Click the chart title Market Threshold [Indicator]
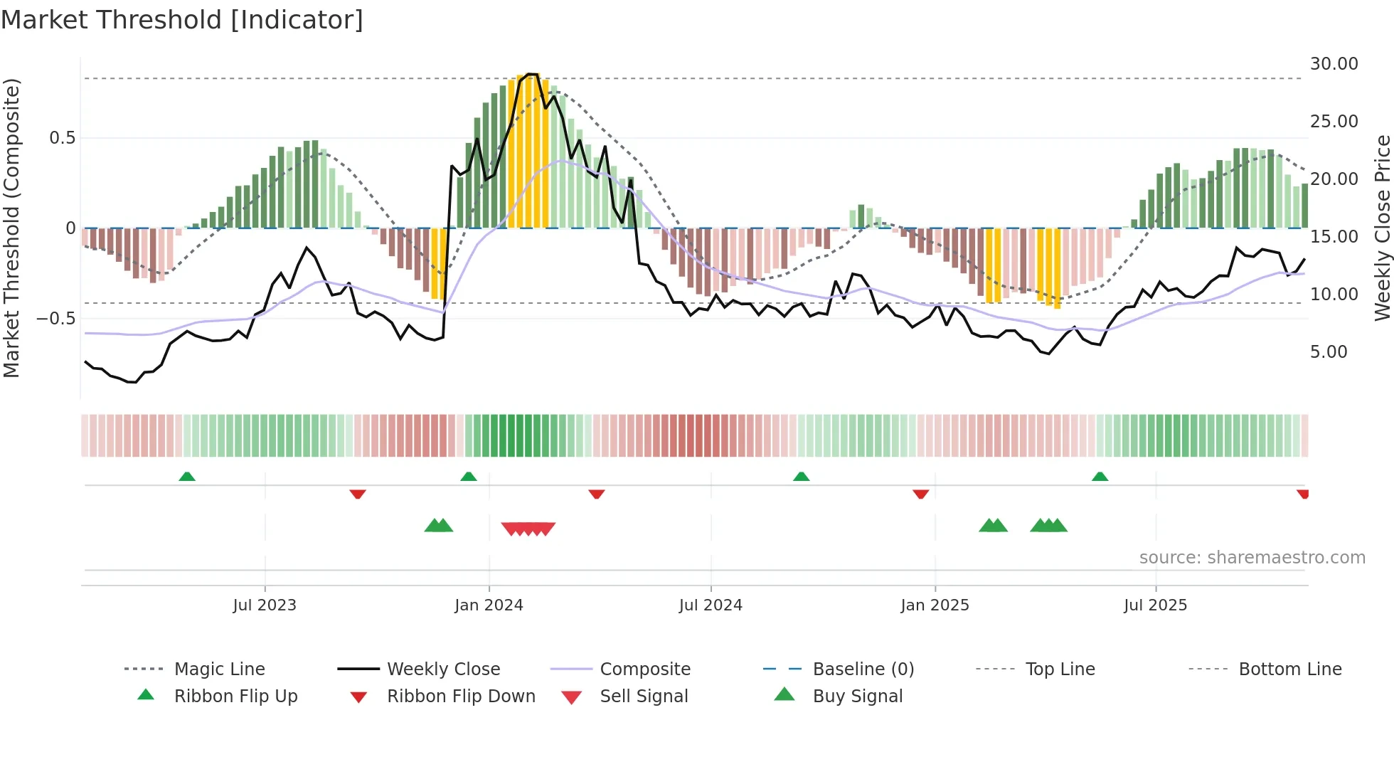[x=182, y=20]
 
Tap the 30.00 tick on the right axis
[x=1334, y=64]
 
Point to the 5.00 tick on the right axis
[x=1329, y=352]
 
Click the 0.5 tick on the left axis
[x=62, y=138]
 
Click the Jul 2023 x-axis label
[x=264, y=605]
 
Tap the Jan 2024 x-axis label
[x=489, y=605]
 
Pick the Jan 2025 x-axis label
[x=935, y=605]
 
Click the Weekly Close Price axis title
[x=1382, y=228]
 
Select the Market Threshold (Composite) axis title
[x=11, y=228]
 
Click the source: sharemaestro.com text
[x=1252, y=558]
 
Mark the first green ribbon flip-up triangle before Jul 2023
[x=187, y=477]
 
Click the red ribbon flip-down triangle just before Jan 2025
[x=920, y=494]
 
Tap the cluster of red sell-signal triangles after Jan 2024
[x=528, y=529]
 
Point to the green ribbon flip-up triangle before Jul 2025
[x=1100, y=477]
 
